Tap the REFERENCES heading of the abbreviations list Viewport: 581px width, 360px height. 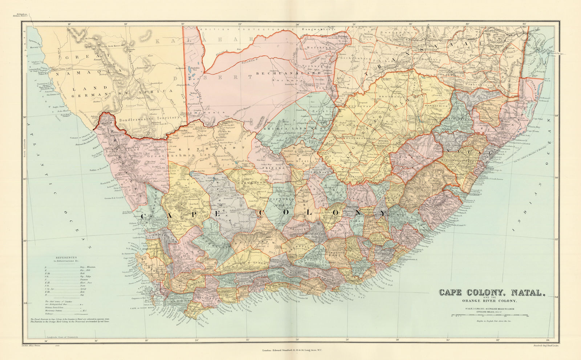(66, 258)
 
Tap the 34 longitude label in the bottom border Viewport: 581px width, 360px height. (552, 340)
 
